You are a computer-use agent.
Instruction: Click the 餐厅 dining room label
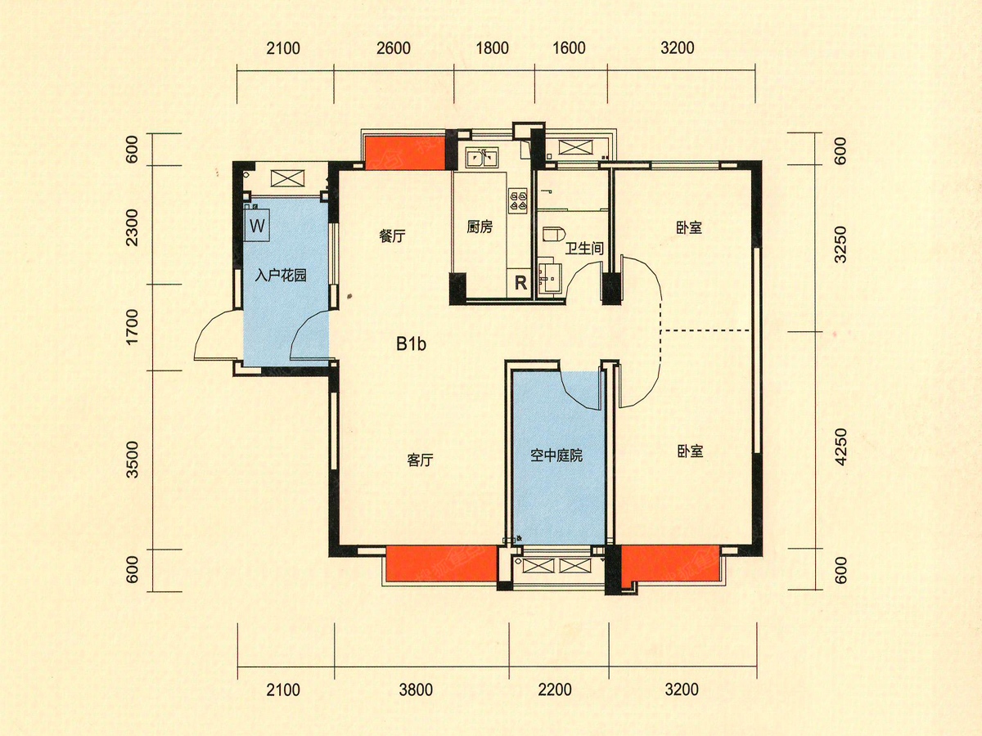[x=393, y=236]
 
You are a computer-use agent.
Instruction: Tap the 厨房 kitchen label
[x=480, y=228]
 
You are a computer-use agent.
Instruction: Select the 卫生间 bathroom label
[x=584, y=247]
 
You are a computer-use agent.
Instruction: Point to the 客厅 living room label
[x=420, y=460]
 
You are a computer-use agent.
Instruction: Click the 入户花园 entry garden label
[x=280, y=276]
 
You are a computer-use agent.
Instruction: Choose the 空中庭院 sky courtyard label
[x=556, y=456]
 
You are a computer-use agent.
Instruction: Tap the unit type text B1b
[x=411, y=344]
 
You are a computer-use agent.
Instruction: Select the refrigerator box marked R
[x=520, y=284]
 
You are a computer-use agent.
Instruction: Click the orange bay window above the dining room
[x=404, y=152]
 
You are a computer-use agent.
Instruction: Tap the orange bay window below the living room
[x=440, y=564]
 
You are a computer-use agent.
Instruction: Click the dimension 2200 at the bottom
[x=555, y=690]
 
